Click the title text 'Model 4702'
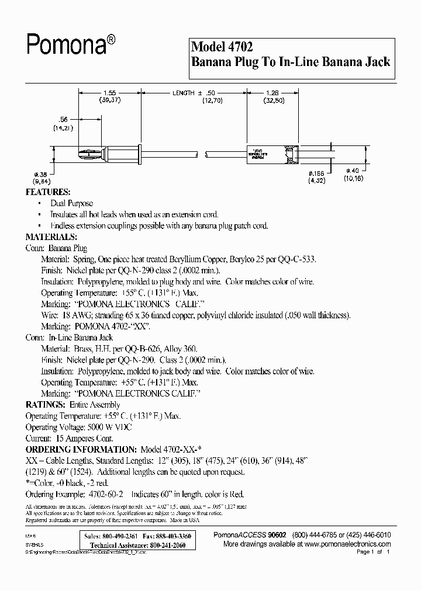[x=222, y=46]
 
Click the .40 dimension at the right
[x=354, y=171]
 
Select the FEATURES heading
[x=48, y=192]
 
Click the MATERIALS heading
[x=51, y=237]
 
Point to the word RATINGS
[x=45, y=405]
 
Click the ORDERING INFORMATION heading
[x=81, y=450]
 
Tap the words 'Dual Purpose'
[x=72, y=203]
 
